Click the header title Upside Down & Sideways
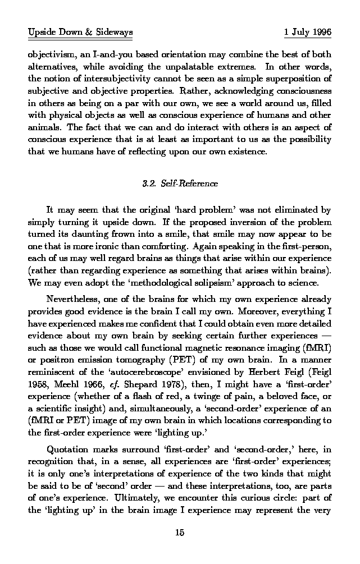click(80, 33)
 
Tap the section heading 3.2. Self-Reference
click(180, 184)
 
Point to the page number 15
click(180, 533)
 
